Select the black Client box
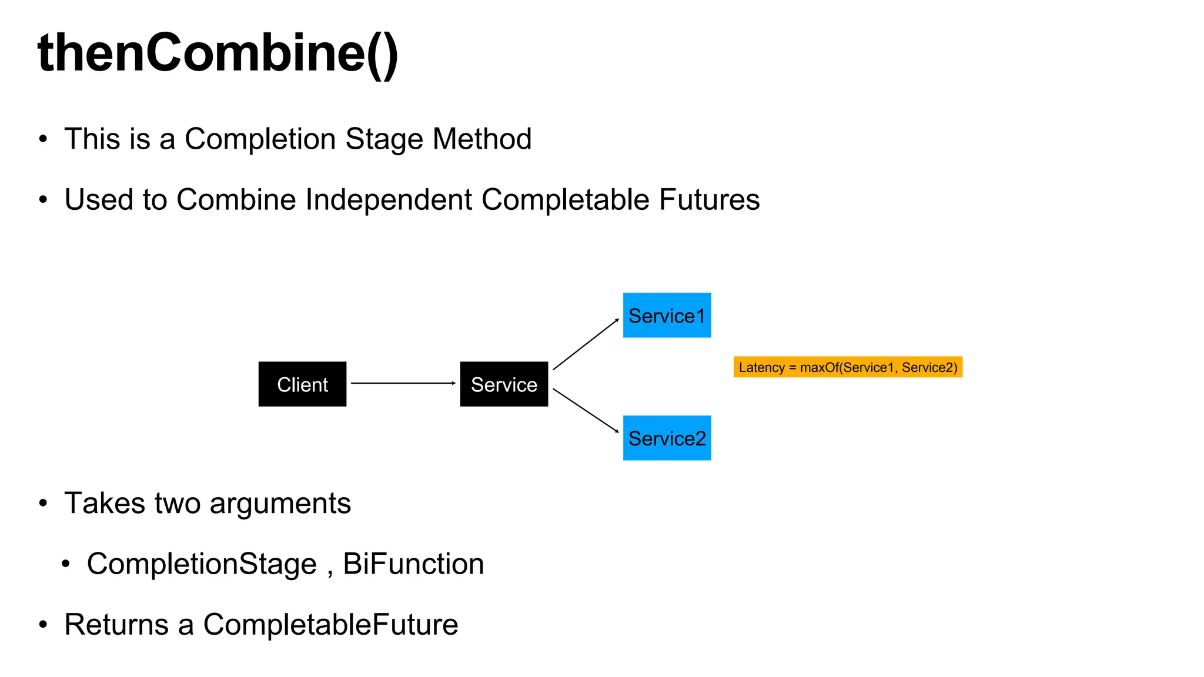click(302, 384)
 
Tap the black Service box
click(504, 384)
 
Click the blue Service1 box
click(667, 316)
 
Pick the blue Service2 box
click(667, 438)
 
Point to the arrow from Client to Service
click(403, 383)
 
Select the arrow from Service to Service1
click(586, 344)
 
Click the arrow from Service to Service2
click(586, 410)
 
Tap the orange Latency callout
click(848, 367)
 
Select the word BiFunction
click(413, 564)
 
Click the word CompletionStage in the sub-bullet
click(202, 564)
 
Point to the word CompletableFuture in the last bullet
click(330, 625)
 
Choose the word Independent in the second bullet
click(389, 200)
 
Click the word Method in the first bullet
click(482, 139)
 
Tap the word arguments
click(280, 504)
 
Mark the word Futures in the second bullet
click(709, 200)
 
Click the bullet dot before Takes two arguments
click(43, 504)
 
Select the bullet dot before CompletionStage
click(66, 564)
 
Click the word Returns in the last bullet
click(116, 625)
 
